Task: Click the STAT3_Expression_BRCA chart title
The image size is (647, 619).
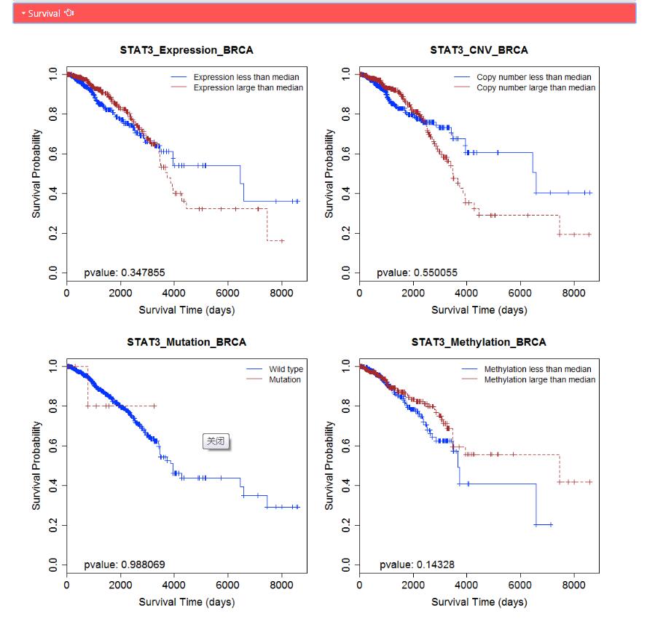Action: pyautogui.click(x=187, y=50)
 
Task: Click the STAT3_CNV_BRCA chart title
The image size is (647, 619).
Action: pyautogui.click(x=479, y=50)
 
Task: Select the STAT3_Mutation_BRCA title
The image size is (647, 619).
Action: pyautogui.click(x=187, y=342)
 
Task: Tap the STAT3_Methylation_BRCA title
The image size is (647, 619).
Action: pyautogui.click(x=479, y=342)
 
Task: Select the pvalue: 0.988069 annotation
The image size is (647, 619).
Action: pyautogui.click(x=125, y=564)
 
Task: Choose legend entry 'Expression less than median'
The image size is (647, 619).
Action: pyautogui.click(x=246, y=77)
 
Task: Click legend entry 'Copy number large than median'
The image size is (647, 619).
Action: pyautogui.click(x=536, y=87)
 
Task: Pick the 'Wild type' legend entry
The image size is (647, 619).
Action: pyautogui.click(x=286, y=369)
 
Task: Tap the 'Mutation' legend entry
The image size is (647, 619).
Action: pyautogui.click(x=284, y=379)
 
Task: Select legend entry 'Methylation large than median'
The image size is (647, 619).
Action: pyautogui.click(x=539, y=379)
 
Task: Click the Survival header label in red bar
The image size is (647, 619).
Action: pyautogui.click(x=44, y=13)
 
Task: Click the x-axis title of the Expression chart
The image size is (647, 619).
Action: pyautogui.click(x=187, y=310)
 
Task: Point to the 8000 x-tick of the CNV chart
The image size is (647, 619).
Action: pyautogui.click(x=573, y=293)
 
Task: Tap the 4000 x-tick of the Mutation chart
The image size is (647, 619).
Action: pyautogui.click(x=174, y=584)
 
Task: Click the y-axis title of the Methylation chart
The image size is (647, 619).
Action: pyautogui.click(x=329, y=465)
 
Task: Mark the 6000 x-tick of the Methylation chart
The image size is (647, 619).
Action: pyautogui.click(x=520, y=584)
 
